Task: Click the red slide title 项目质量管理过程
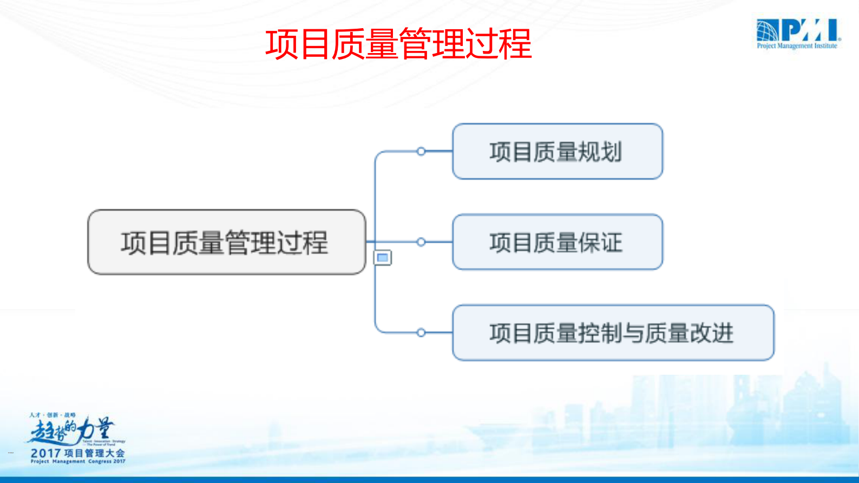click(398, 44)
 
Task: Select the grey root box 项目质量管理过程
click(226, 242)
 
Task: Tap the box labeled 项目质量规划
click(557, 152)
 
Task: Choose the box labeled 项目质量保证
click(557, 242)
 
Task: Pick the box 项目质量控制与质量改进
click(613, 332)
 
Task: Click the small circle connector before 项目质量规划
click(421, 152)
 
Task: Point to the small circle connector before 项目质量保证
click(421, 242)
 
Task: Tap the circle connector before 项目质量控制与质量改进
click(421, 332)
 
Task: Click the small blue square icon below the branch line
click(383, 258)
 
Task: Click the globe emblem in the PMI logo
click(768, 30)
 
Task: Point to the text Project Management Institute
click(797, 46)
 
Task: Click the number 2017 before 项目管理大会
click(45, 453)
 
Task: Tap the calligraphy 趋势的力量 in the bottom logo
click(70, 430)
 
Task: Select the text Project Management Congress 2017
click(77, 462)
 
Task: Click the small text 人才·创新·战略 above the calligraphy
click(53, 415)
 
